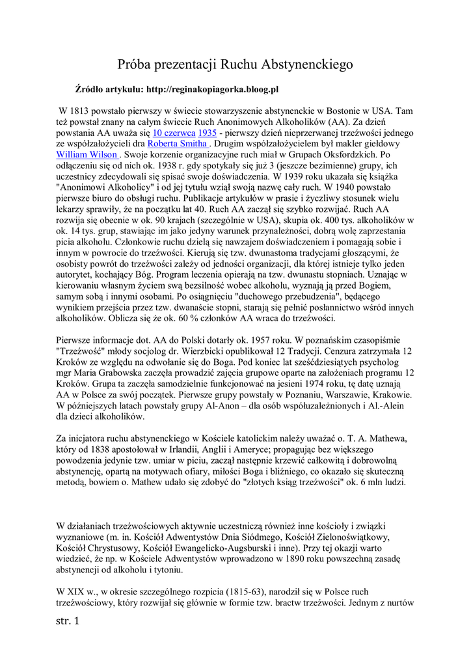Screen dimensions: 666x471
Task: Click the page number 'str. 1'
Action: coord(68,622)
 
